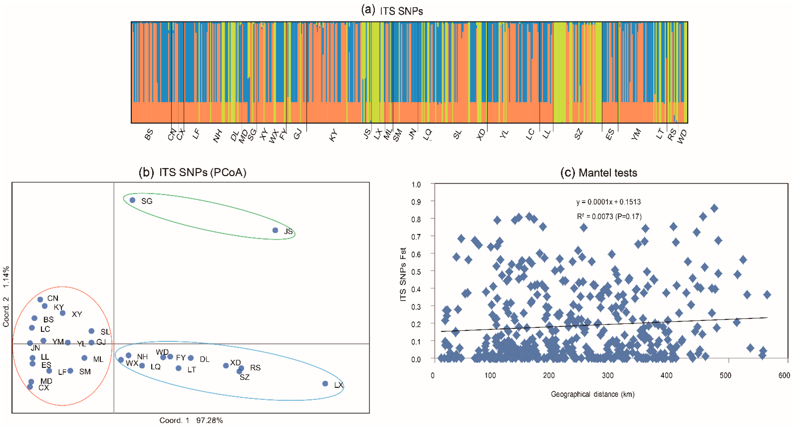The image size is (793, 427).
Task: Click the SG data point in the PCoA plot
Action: click(x=132, y=200)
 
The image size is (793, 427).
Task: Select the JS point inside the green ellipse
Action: click(x=275, y=230)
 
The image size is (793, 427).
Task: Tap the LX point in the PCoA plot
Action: click(x=325, y=384)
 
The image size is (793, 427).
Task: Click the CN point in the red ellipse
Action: click(x=40, y=299)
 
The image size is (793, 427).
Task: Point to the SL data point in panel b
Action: click(x=91, y=331)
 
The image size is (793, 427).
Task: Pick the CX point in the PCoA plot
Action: click(x=30, y=387)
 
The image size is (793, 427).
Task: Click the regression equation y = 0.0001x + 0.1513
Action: click(x=608, y=202)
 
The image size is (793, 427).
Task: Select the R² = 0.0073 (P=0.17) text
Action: click(x=609, y=217)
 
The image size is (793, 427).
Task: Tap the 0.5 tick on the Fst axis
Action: click(x=416, y=272)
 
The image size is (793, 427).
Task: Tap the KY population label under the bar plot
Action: click(x=333, y=135)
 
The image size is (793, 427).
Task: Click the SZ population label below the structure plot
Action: click(x=578, y=134)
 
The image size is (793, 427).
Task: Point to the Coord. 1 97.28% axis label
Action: click(x=191, y=420)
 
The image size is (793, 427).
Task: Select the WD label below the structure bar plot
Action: click(x=682, y=137)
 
